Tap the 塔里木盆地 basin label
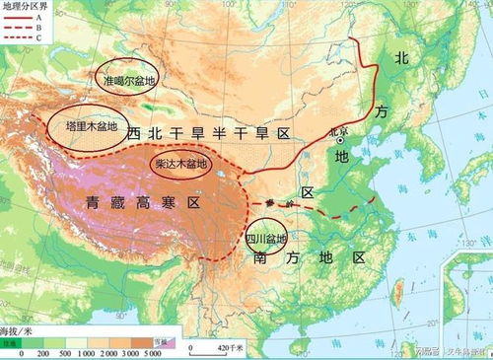point(92,126)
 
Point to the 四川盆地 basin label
point(265,238)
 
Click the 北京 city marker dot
point(339,140)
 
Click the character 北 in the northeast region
point(401,58)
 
